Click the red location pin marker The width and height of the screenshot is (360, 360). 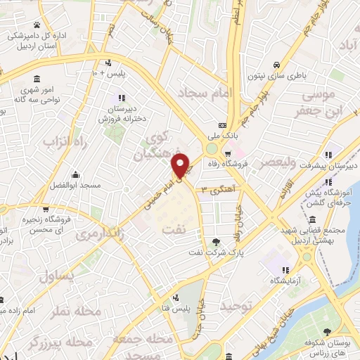click(x=181, y=166)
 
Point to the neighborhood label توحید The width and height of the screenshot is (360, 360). click(x=235, y=307)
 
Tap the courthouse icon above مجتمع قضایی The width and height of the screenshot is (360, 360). click(x=312, y=219)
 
